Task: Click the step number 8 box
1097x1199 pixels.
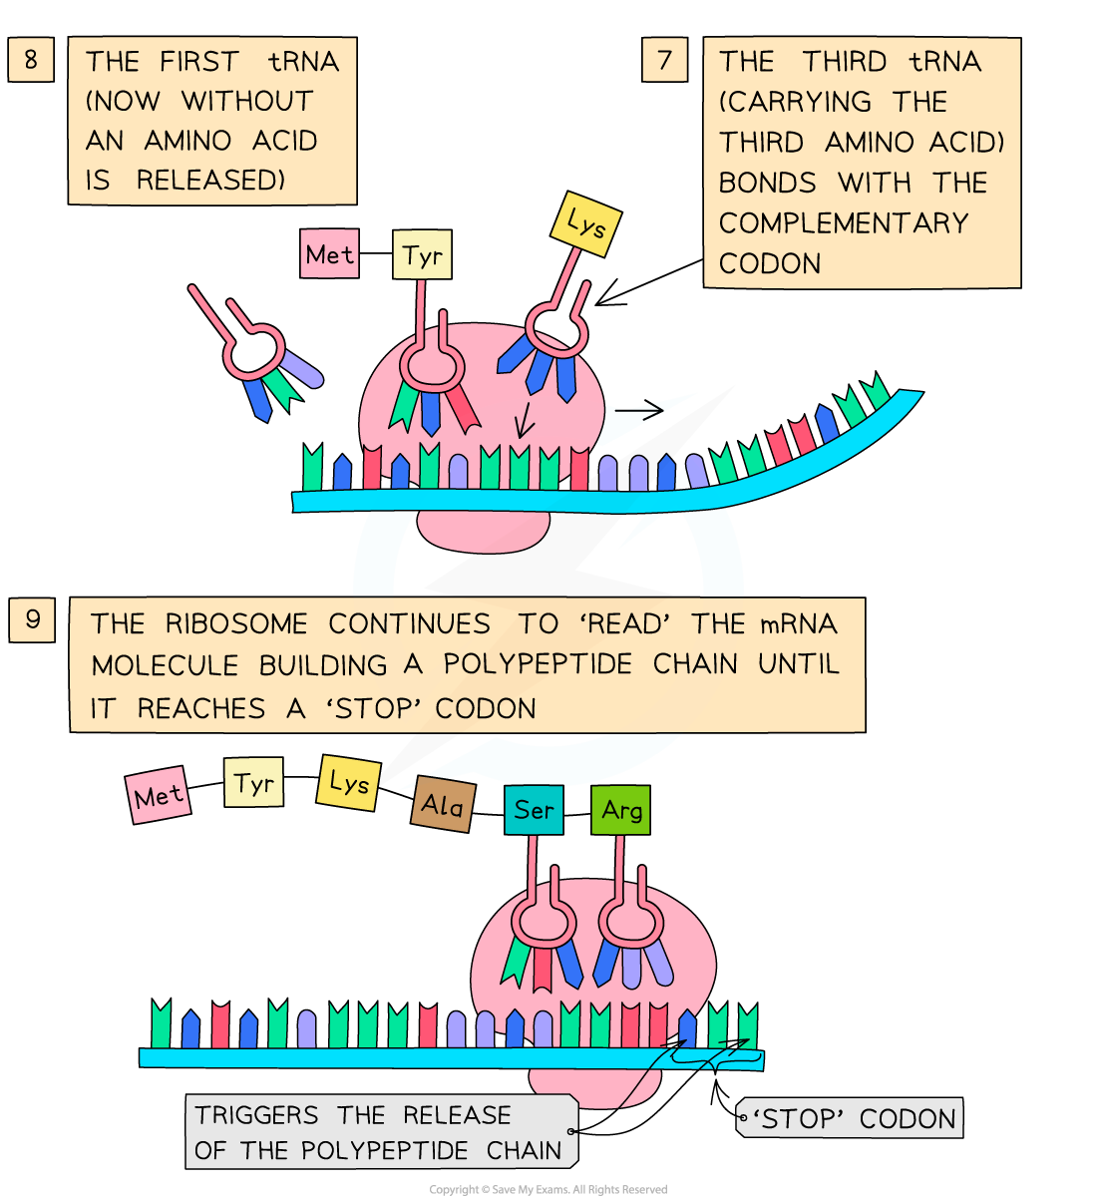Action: [30, 60]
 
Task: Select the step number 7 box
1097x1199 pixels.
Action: [664, 61]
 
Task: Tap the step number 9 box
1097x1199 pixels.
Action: [32, 620]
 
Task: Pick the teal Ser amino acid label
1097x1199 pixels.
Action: [534, 810]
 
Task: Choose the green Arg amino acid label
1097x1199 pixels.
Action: [620, 810]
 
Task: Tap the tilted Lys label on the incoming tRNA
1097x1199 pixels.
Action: [586, 223]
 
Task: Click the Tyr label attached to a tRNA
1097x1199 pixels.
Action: [423, 255]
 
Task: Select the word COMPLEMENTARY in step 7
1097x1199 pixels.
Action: [844, 222]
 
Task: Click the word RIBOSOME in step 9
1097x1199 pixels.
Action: [235, 624]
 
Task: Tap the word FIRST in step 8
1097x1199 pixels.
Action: [199, 62]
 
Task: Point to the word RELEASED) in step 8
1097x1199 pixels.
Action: [210, 181]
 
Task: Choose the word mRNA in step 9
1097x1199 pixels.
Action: [798, 624]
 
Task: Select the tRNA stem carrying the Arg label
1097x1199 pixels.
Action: [621, 878]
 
